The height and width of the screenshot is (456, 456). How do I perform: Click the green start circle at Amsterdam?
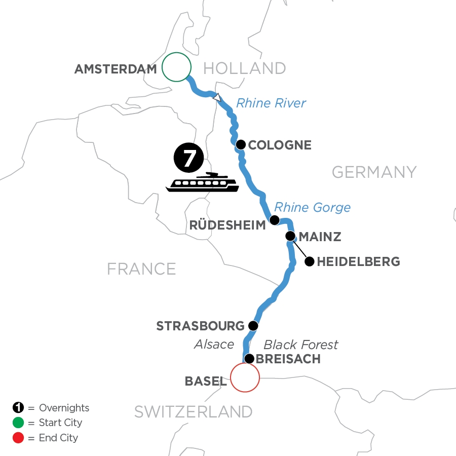[176, 67]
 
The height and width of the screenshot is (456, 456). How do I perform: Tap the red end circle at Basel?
[245, 377]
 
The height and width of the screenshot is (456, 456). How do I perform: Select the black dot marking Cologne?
[241, 144]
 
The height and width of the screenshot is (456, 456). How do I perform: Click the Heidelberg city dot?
[309, 261]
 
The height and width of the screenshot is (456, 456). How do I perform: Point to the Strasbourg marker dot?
[253, 325]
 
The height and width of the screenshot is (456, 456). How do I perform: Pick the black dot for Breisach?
[249, 359]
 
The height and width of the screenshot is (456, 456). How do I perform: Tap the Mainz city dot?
[290, 236]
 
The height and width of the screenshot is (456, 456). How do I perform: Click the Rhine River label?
[271, 103]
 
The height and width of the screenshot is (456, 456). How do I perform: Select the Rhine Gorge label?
[312, 207]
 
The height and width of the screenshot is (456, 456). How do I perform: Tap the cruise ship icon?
[203, 182]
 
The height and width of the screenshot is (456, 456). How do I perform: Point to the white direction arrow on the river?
[217, 97]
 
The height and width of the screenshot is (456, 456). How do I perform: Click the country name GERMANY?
[374, 172]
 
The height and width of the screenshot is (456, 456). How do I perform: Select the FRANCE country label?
[141, 269]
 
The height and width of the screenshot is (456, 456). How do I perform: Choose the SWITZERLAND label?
[193, 412]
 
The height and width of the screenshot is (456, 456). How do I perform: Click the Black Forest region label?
[301, 345]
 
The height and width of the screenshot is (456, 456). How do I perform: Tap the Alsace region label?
[214, 345]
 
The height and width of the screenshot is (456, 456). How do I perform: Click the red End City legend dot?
[18, 438]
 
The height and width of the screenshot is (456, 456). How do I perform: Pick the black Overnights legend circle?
[18, 408]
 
